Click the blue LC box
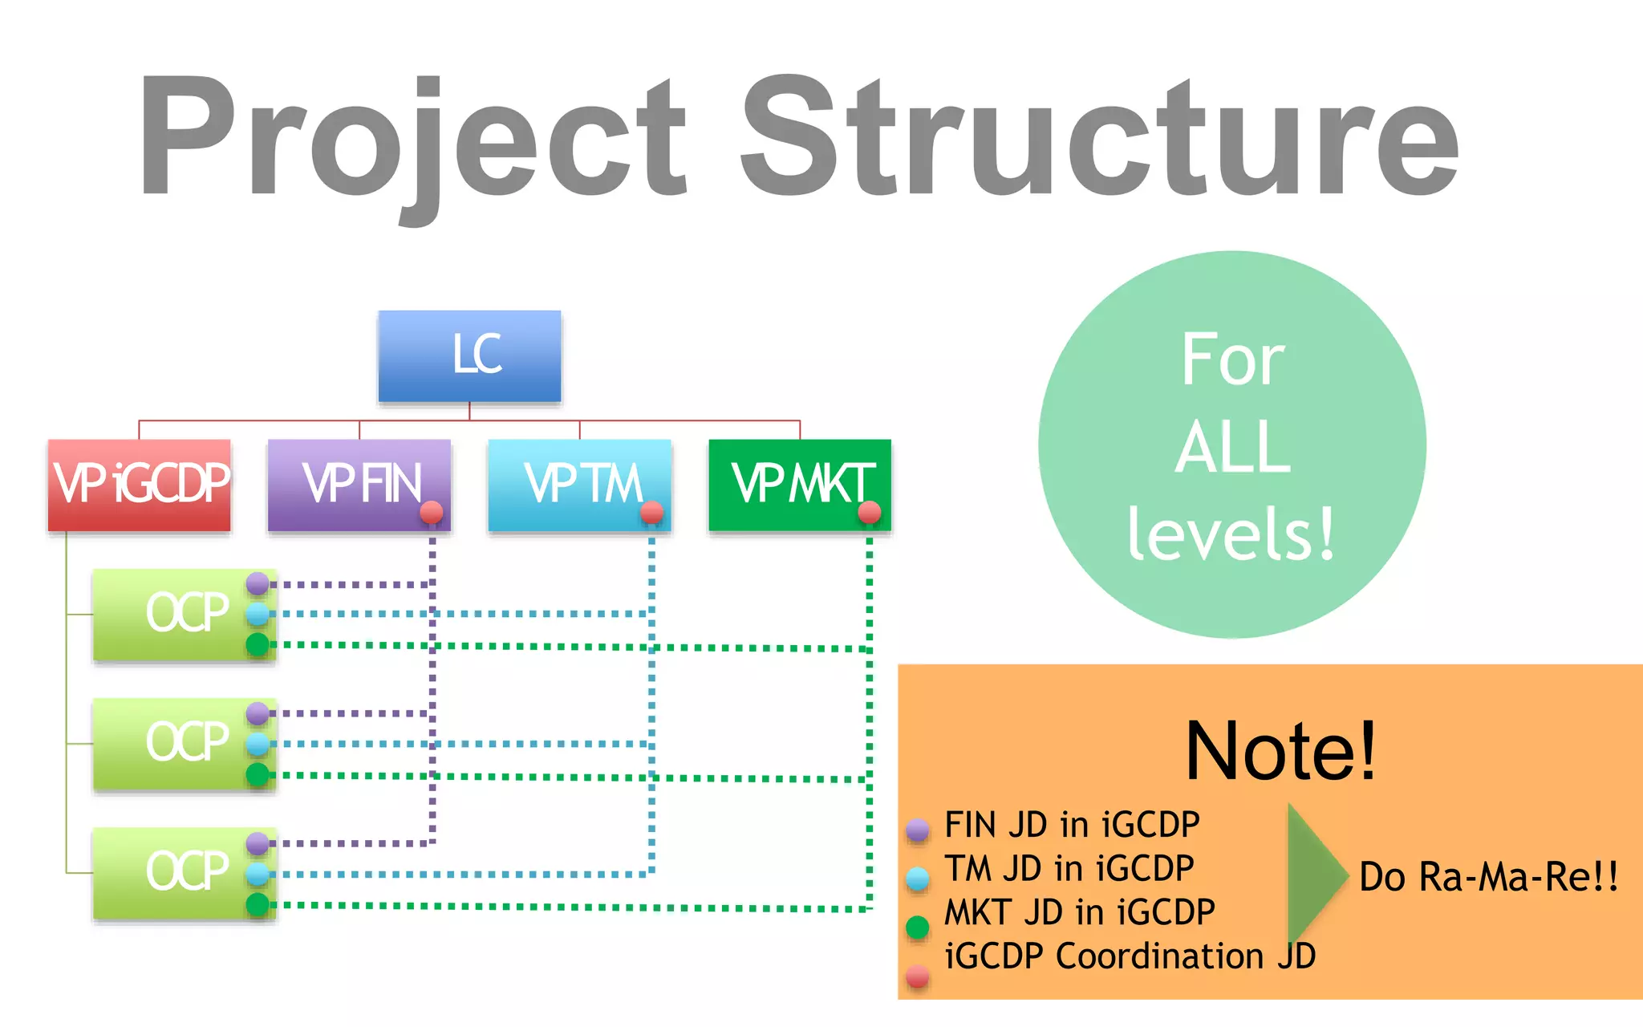point(469,356)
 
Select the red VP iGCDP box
point(140,485)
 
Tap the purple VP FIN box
point(359,485)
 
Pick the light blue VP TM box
point(579,485)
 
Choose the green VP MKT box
point(799,485)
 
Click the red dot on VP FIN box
point(432,512)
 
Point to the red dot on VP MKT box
point(870,512)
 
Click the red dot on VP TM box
point(651,512)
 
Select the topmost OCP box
point(184,615)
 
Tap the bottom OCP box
point(184,873)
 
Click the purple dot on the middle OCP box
point(258,712)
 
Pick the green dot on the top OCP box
point(258,644)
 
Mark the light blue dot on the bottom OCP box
point(258,874)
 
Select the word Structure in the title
point(1099,136)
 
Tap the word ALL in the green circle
point(1232,446)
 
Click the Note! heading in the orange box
point(1280,751)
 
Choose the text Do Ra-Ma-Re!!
point(1489,876)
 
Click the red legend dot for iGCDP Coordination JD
point(918,976)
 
